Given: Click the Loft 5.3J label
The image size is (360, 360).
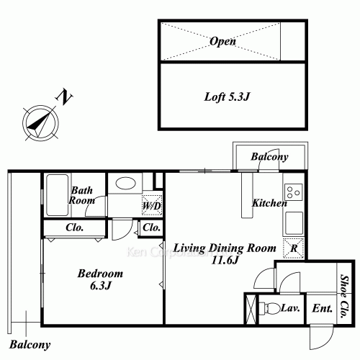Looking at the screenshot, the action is (227, 96).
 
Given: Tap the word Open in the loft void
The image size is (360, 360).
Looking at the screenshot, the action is (222, 41).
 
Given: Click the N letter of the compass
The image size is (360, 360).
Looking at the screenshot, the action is (64, 96).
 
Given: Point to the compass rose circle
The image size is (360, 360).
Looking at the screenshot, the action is (41, 105).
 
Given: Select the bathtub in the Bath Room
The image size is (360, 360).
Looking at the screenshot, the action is (57, 195).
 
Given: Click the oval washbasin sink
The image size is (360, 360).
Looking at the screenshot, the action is (125, 184).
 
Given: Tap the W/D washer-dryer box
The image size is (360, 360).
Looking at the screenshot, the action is (151, 205).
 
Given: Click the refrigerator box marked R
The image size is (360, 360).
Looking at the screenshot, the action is (294, 248).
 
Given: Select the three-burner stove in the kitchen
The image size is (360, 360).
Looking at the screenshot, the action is (294, 192).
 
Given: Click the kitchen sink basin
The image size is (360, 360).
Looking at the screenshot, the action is (294, 223).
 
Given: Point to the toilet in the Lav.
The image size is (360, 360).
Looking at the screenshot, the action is (270, 307).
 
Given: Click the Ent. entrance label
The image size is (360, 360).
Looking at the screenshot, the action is (322, 308).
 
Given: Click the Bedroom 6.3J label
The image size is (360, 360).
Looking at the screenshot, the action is (100, 279).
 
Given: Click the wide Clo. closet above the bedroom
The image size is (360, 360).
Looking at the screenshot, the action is (74, 228).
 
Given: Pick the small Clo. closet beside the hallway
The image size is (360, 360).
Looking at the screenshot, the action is (151, 228).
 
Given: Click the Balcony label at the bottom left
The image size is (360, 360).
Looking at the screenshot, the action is (30, 345).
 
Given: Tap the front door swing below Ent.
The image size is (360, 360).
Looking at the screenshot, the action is (321, 337).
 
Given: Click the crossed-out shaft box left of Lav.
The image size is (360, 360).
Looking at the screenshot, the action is (251, 309).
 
